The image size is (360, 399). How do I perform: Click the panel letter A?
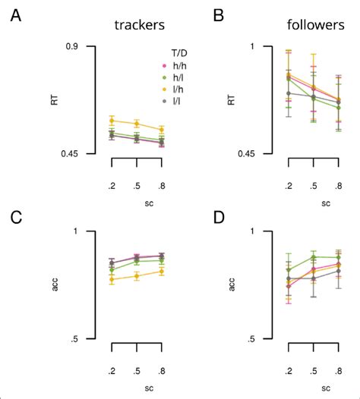point(16,15)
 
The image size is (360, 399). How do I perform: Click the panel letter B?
point(197,15)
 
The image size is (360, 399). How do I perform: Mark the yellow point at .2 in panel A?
point(112,121)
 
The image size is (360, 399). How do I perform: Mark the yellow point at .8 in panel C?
point(161,272)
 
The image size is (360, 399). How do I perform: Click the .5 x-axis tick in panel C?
point(137,370)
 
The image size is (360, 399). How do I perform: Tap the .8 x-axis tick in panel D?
point(338,370)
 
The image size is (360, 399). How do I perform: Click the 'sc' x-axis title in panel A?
point(137,203)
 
